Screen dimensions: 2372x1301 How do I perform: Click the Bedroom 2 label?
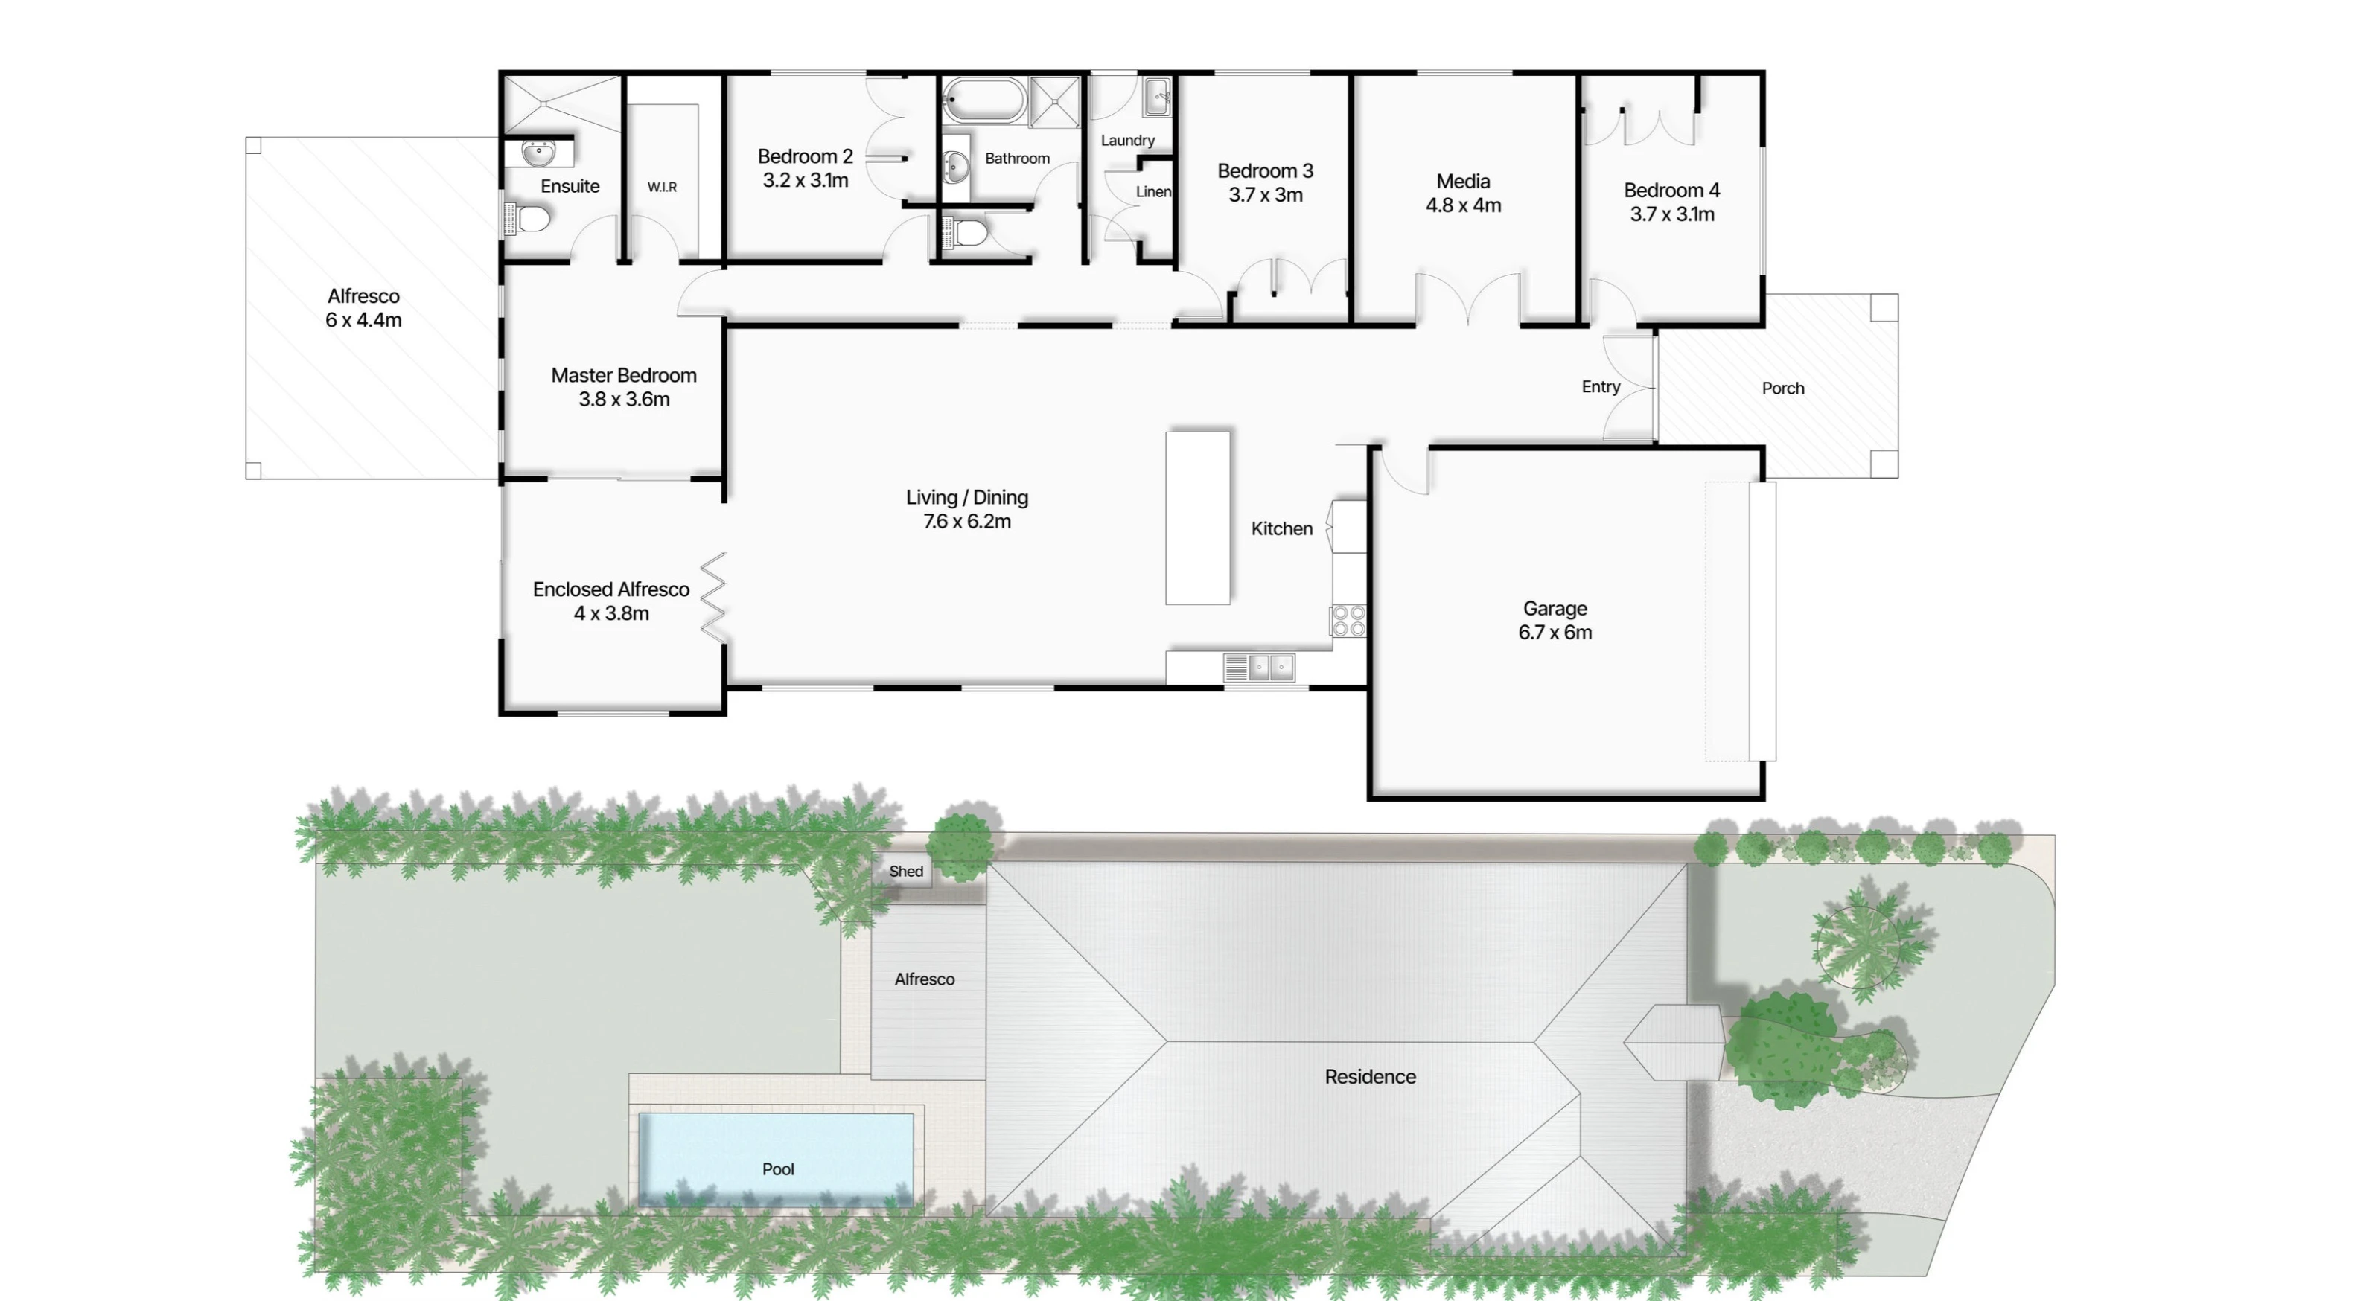coord(805,156)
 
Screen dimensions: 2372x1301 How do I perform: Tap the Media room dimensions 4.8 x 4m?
coord(1463,205)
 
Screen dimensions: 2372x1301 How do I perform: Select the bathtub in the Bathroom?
coord(984,100)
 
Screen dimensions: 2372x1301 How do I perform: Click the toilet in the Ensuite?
coord(528,219)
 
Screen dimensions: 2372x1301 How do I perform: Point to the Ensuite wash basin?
coord(539,153)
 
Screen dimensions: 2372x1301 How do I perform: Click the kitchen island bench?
coord(1198,517)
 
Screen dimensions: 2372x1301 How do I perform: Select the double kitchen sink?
coord(1259,667)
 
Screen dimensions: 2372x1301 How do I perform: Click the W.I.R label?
coord(662,187)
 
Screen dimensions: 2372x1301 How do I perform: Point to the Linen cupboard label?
coord(1152,191)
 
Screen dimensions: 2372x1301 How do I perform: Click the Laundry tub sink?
coord(1158,97)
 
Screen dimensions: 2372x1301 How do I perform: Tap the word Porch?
coord(1782,389)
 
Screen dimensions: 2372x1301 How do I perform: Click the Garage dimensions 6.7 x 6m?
coord(1555,633)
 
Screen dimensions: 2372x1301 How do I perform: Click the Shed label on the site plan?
coord(906,871)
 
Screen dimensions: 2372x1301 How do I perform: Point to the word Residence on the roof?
coord(1370,1076)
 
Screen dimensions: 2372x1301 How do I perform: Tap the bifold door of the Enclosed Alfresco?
coord(714,597)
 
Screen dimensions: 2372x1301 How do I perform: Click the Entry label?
coord(1601,387)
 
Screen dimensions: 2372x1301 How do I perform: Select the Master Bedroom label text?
coord(623,376)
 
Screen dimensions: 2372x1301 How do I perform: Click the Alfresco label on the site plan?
coord(925,979)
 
